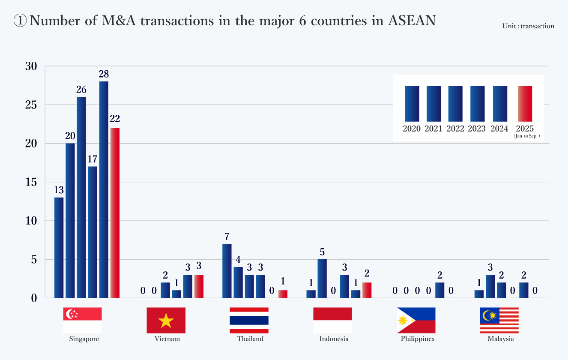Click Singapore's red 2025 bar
[x=115, y=213]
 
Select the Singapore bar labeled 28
[x=104, y=189]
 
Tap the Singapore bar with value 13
[x=59, y=247]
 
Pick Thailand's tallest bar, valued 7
[x=227, y=270]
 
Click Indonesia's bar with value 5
[x=322, y=278]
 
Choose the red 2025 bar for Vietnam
[x=199, y=286]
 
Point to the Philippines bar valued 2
[x=439, y=290]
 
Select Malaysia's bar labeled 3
[x=490, y=286]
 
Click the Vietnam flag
[x=166, y=320]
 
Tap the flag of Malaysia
[x=499, y=320]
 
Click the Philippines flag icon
[x=416, y=320]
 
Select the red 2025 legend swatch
[x=525, y=104]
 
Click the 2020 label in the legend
[x=412, y=129]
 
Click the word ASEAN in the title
[x=411, y=21]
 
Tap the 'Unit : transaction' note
[x=528, y=26]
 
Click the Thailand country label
[x=250, y=339]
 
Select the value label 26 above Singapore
[x=81, y=90]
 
